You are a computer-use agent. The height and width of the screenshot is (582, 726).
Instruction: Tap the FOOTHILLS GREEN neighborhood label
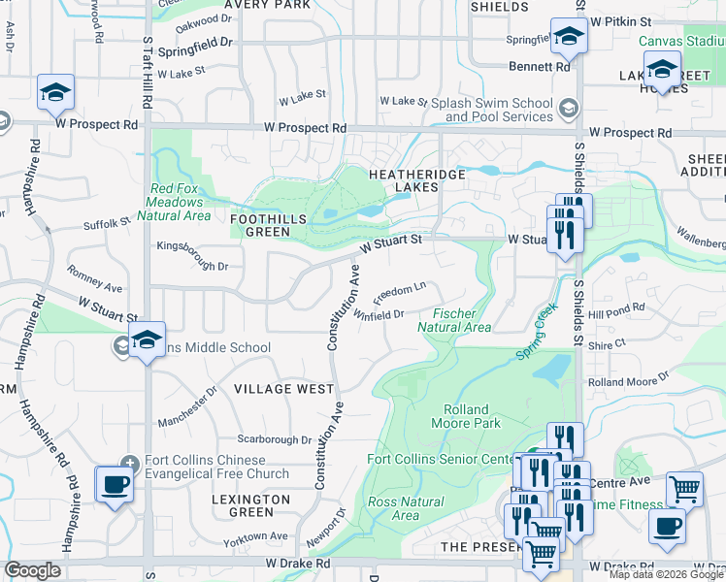tap(261, 226)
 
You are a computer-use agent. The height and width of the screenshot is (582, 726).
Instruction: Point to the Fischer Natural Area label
tap(461, 320)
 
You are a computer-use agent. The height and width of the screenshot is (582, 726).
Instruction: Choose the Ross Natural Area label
tap(406, 508)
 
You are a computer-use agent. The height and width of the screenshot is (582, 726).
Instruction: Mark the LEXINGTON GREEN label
tap(251, 505)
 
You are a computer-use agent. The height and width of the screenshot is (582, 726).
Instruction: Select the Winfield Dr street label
tap(379, 314)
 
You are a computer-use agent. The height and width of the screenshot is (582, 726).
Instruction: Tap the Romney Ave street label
tap(94, 277)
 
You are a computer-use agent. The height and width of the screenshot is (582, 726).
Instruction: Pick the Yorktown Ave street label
tap(255, 535)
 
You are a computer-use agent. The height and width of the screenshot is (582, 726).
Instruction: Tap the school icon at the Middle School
tap(147, 339)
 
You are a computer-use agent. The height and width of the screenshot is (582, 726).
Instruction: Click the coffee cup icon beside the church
tap(115, 483)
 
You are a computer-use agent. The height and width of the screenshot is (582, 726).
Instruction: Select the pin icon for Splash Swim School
tap(569, 109)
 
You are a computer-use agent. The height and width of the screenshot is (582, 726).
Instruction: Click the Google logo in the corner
tap(32, 570)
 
